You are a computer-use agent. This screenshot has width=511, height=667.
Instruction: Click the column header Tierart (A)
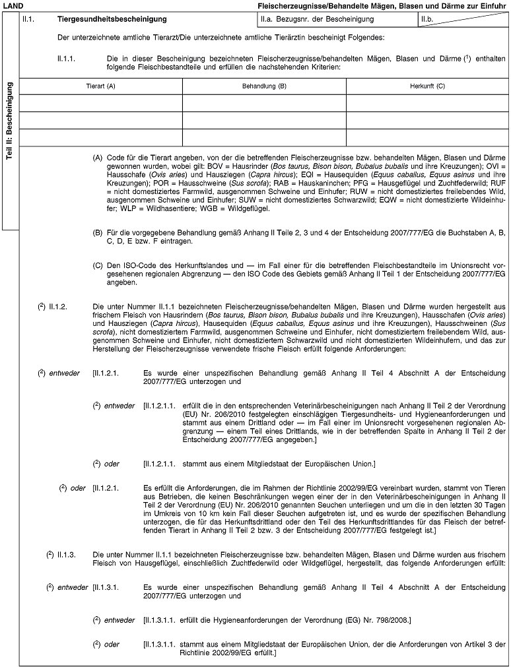(100, 86)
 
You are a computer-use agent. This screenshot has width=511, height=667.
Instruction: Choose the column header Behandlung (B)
(263, 86)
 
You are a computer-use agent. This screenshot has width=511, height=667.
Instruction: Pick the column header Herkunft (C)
(426, 86)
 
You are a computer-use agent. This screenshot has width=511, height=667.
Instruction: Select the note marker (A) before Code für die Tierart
(97, 158)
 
